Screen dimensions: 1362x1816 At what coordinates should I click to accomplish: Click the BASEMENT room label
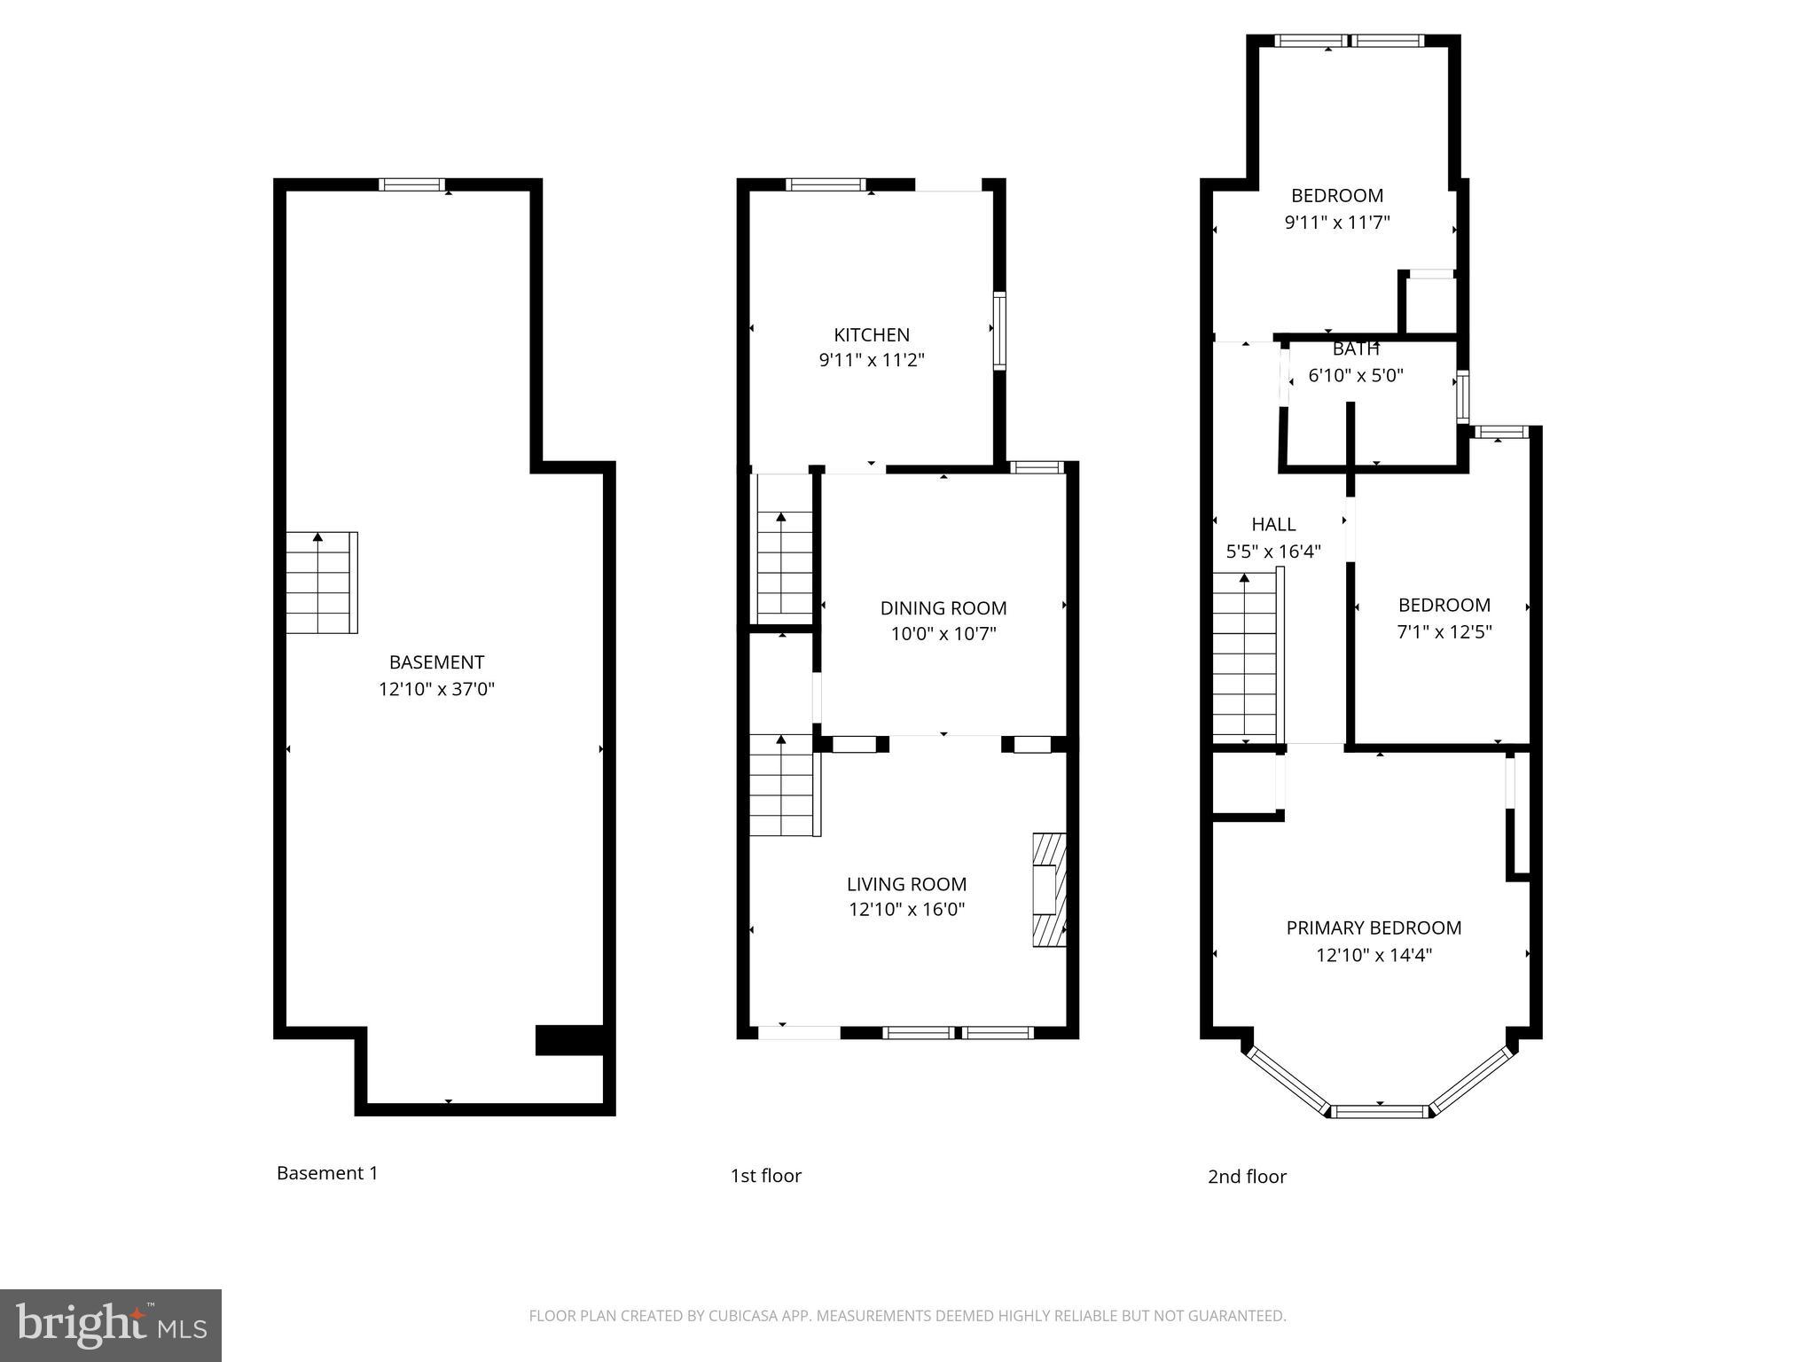(436, 662)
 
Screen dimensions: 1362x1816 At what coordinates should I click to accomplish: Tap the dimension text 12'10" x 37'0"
(436, 689)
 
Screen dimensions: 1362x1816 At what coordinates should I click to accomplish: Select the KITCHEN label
(872, 335)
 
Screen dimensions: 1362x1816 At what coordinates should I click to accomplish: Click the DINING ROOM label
(943, 608)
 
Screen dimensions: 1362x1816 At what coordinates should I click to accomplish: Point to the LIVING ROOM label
(906, 884)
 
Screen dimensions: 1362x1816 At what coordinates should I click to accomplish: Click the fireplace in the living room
(1049, 890)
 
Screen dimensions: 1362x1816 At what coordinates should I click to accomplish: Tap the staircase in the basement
(321, 583)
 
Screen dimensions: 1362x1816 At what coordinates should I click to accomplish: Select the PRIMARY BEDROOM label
(1374, 928)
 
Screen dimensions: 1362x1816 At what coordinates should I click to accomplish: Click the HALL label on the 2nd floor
(1273, 525)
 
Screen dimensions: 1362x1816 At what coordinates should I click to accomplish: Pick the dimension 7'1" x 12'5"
(1444, 632)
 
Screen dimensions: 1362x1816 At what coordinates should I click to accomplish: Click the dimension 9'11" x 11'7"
(1337, 223)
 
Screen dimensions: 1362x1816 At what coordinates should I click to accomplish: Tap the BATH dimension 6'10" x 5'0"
(1356, 376)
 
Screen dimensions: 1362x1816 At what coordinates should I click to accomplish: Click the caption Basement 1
(327, 1173)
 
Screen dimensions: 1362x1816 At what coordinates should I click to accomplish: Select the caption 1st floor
(765, 1176)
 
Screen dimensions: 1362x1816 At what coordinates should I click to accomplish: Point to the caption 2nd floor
(1247, 1177)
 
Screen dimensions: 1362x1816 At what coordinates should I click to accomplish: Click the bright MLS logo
(111, 1325)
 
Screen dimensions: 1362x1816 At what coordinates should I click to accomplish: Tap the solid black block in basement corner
(570, 1040)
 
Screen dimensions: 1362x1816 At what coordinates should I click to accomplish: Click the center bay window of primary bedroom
(1380, 1111)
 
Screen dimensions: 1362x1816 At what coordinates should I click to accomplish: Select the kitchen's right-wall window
(999, 331)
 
